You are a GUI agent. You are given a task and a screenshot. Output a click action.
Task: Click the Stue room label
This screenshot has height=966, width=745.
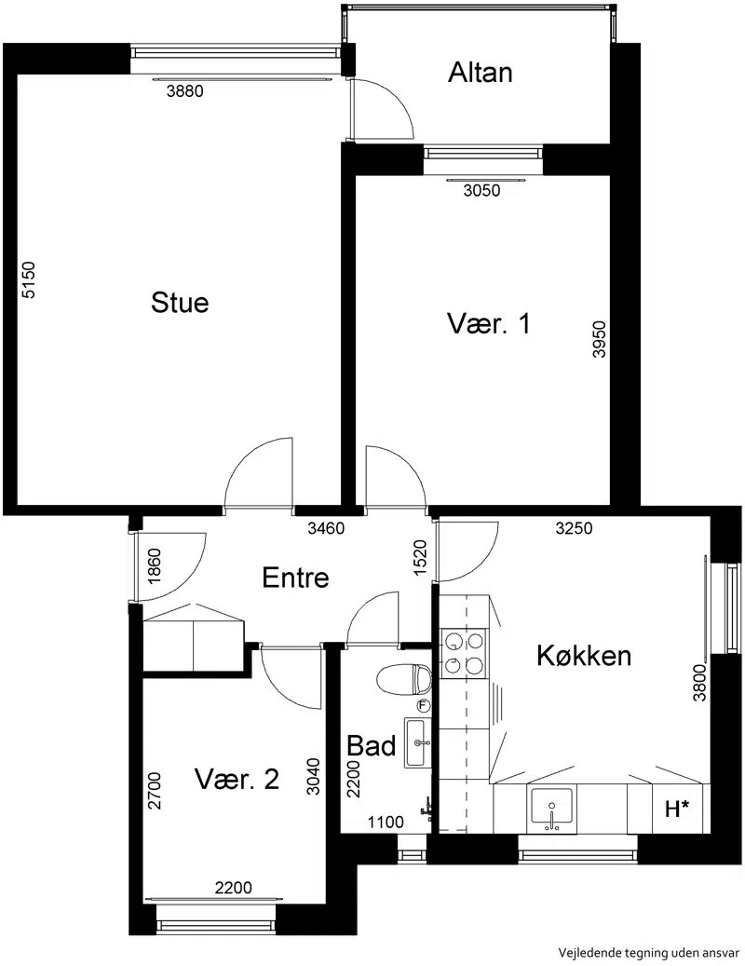180,303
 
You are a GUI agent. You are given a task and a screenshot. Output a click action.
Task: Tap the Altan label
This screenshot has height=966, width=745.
481,72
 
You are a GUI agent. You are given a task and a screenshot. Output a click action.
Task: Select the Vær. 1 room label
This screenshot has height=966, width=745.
488,323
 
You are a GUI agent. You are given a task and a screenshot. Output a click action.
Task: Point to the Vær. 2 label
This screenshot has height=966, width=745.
237,779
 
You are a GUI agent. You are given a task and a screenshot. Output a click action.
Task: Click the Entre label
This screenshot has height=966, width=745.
295,578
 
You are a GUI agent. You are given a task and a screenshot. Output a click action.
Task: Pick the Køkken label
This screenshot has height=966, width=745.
584,656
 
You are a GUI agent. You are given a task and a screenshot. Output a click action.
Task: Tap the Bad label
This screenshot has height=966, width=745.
372,745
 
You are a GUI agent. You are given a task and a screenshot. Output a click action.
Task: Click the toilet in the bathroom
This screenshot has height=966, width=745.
404,679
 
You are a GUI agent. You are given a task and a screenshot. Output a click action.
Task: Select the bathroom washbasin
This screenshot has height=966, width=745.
419,742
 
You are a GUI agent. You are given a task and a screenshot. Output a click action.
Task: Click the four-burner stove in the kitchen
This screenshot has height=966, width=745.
464,654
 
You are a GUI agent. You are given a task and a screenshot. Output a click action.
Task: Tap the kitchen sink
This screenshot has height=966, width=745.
551,810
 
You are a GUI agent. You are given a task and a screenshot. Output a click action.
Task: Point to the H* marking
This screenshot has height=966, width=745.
677,809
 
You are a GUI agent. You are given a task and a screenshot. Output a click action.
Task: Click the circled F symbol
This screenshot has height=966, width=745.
424,705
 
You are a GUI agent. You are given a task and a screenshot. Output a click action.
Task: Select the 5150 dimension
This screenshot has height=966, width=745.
29,280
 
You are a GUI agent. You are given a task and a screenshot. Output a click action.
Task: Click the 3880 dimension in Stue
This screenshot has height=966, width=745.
184,91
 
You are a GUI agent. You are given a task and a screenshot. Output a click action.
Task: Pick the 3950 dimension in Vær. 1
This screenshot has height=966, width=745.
599,339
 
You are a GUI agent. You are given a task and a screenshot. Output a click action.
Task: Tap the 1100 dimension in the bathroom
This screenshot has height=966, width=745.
386,822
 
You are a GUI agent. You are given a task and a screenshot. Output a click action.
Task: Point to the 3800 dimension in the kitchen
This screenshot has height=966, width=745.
700,683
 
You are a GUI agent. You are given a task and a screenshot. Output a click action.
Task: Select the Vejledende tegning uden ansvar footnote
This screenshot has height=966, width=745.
649,952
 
